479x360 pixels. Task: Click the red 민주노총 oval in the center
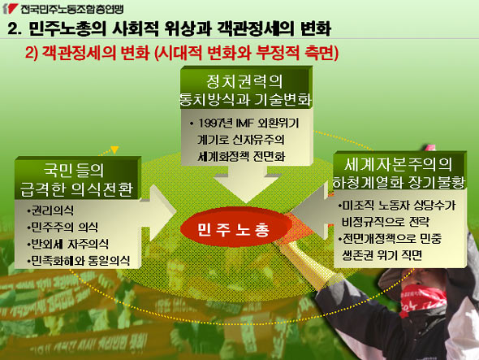[235, 229]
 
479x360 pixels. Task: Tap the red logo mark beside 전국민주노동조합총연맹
[10, 9]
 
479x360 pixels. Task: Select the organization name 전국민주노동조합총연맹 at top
[72, 9]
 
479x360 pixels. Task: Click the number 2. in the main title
[15, 28]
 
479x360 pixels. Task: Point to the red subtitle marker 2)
[32, 53]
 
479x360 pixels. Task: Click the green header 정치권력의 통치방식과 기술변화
[245, 90]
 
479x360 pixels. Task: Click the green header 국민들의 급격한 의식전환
[76, 180]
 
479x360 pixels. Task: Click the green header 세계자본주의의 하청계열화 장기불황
[398, 173]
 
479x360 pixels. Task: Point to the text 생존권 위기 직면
[382, 255]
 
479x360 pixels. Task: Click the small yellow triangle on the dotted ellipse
[114, 150]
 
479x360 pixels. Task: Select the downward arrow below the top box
[247, 184]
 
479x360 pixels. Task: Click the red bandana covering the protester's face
[424, 301]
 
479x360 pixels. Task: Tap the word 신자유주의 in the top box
[258, 140]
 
